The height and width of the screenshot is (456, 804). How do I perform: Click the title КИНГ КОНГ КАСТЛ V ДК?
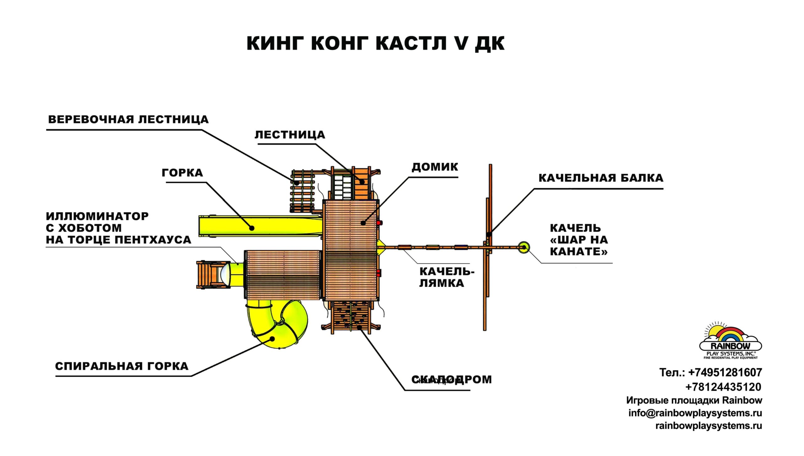[375, 43]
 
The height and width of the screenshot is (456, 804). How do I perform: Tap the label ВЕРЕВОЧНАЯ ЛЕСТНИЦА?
[128, 120]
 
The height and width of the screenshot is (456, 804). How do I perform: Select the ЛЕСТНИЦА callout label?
[290, 135]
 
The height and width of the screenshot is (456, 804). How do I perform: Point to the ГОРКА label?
[182, 173]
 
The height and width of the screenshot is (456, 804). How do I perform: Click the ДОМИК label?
[435, 167]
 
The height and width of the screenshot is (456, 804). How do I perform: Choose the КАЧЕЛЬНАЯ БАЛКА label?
[600, 178]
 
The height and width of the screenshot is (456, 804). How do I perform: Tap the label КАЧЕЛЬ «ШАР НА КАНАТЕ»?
[579, 240]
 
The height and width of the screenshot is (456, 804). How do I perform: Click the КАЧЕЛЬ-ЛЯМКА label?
[446, 277]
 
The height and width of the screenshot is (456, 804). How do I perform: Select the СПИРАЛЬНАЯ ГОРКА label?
[122, 366]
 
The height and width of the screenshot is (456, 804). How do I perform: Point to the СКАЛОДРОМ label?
[452, 380]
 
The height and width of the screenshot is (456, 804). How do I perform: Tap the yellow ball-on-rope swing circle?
[524, 247]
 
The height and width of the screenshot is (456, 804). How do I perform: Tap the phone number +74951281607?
[725, 373]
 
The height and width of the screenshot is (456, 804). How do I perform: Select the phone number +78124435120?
[723, 387]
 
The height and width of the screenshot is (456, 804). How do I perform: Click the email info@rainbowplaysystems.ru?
[695, 413]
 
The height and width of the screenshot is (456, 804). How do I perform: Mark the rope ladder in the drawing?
[302, 191]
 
